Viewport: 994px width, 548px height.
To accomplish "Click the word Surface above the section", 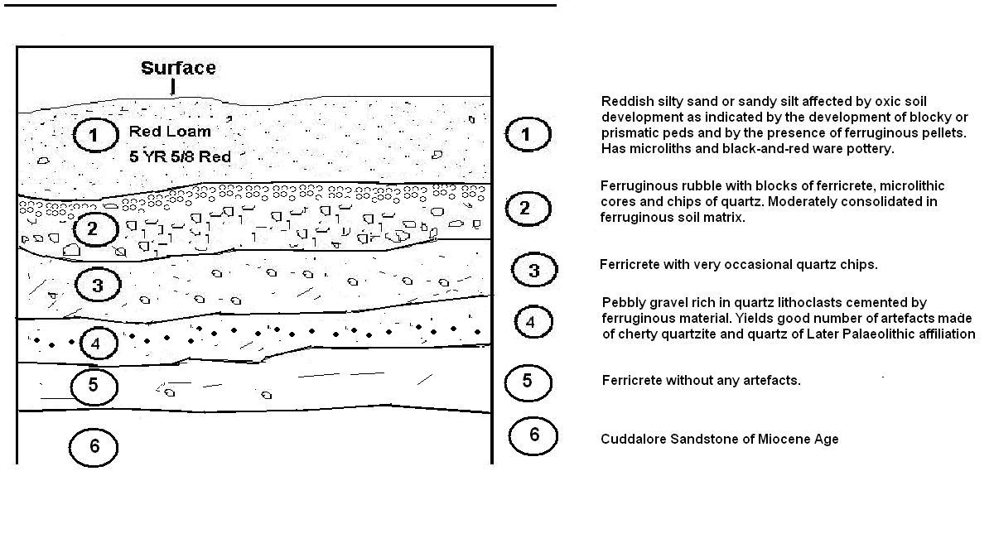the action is coord(178,68).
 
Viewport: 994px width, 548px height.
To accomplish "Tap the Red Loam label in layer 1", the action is coord(170,132).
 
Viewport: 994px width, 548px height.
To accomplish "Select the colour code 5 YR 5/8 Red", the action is coord(181,156).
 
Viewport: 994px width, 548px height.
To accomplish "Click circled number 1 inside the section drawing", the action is coord(95,135).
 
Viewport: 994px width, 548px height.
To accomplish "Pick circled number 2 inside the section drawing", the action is coord(95,228).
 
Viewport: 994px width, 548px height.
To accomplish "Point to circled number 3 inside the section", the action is coord(98,285).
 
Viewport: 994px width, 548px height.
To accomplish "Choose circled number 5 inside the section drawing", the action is coord(94,387).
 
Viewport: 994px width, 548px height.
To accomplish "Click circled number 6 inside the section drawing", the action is coord(93,447).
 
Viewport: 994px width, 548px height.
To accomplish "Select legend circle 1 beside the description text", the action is coord(528,134).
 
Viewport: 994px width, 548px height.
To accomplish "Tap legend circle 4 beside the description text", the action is coord(533,322).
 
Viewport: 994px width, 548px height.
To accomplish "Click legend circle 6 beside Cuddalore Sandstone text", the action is coord(533,435).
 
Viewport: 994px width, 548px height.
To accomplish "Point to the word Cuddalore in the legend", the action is coord(633,439).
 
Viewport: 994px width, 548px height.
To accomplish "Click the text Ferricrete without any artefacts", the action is coord(701,381).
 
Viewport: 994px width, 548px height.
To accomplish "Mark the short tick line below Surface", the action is coord(172,87).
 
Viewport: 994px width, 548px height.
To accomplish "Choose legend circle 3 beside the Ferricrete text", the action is coord(534,270).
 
